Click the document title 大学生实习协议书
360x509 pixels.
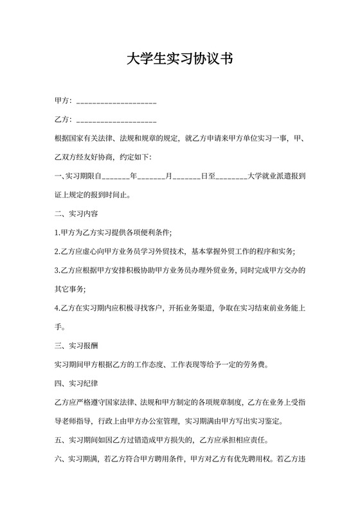pos(179,60)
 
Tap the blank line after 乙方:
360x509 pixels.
pos(116,121)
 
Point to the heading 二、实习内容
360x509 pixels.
pos(76,212)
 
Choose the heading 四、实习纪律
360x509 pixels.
pos(76,384)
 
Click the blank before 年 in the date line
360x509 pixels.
pos(115,176)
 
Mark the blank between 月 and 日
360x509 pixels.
pos(186,176)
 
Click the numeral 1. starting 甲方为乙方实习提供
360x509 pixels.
pos(58,231)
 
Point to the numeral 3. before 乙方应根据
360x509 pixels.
pos(58,270)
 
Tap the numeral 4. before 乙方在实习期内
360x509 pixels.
pos(58,307)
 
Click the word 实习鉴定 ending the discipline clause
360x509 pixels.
pos(269,422)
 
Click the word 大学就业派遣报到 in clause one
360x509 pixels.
pos(276,175)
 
